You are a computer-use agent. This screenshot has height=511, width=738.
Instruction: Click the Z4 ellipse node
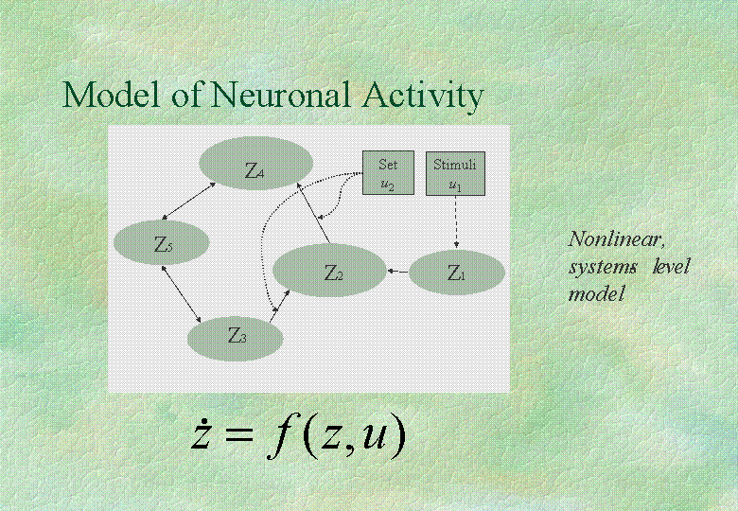[x=256, y=164]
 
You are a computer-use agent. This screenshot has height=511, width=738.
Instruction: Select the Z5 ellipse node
[x=161, y=242]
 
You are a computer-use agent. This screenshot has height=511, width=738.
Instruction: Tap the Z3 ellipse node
[x=236, y=339]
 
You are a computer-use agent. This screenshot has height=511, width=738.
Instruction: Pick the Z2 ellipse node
[x=329, y=270]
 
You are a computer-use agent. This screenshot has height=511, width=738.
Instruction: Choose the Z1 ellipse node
[x=457, y=273]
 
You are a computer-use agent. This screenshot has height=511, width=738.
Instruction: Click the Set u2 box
[x=388, y=172]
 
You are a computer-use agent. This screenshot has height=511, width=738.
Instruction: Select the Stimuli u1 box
[x=455, y=173]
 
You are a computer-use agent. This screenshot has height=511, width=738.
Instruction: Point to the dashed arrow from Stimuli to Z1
[x=456, y=221]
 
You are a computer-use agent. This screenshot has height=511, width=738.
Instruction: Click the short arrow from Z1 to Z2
[x=397, y=272]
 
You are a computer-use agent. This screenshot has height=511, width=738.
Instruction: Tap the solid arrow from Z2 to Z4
[x=312, y=214]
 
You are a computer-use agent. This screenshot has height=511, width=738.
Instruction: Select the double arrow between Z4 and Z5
[x=188, y=202]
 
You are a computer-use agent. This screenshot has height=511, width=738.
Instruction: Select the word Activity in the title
[x=423, y=97]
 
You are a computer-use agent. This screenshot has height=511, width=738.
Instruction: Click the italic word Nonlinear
[x=617, y=239]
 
